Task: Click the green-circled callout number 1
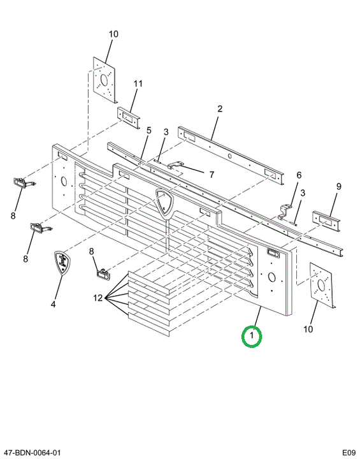(x=252, y=336)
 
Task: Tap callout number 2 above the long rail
(x=220, y=109)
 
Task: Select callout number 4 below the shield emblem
(x=53, y=305)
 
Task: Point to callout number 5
(x=149, y=131)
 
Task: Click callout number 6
(x=299, y=175)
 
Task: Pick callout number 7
(x=212, y=175)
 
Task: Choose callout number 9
(x=338, y=186)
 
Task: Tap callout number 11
(x=138, y=84)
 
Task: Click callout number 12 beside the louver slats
(x=98, y=298)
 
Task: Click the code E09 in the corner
(x=349, y=453)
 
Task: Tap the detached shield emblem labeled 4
(x=62, y=263)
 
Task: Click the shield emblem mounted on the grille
(x=164, y=203)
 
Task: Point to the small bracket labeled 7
(x=176, y=165)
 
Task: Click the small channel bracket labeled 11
(x=129, y=118)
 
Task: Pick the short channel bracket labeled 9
(x=326, y=219)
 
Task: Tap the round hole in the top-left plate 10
(x=104, y=80)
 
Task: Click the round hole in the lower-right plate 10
(x=320, y=285)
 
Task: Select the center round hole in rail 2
(x=230, y=156)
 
